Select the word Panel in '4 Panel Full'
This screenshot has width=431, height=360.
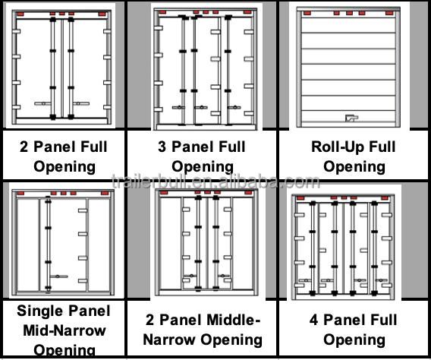(x=347, y=319)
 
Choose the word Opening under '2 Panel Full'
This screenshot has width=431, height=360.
(x=64, y=166)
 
